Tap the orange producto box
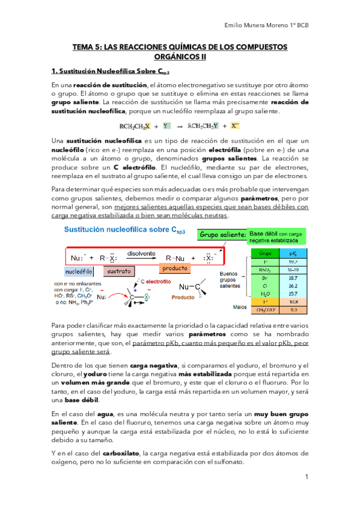[x=176, y=268]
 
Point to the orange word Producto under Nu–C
[x=183, y=297]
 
